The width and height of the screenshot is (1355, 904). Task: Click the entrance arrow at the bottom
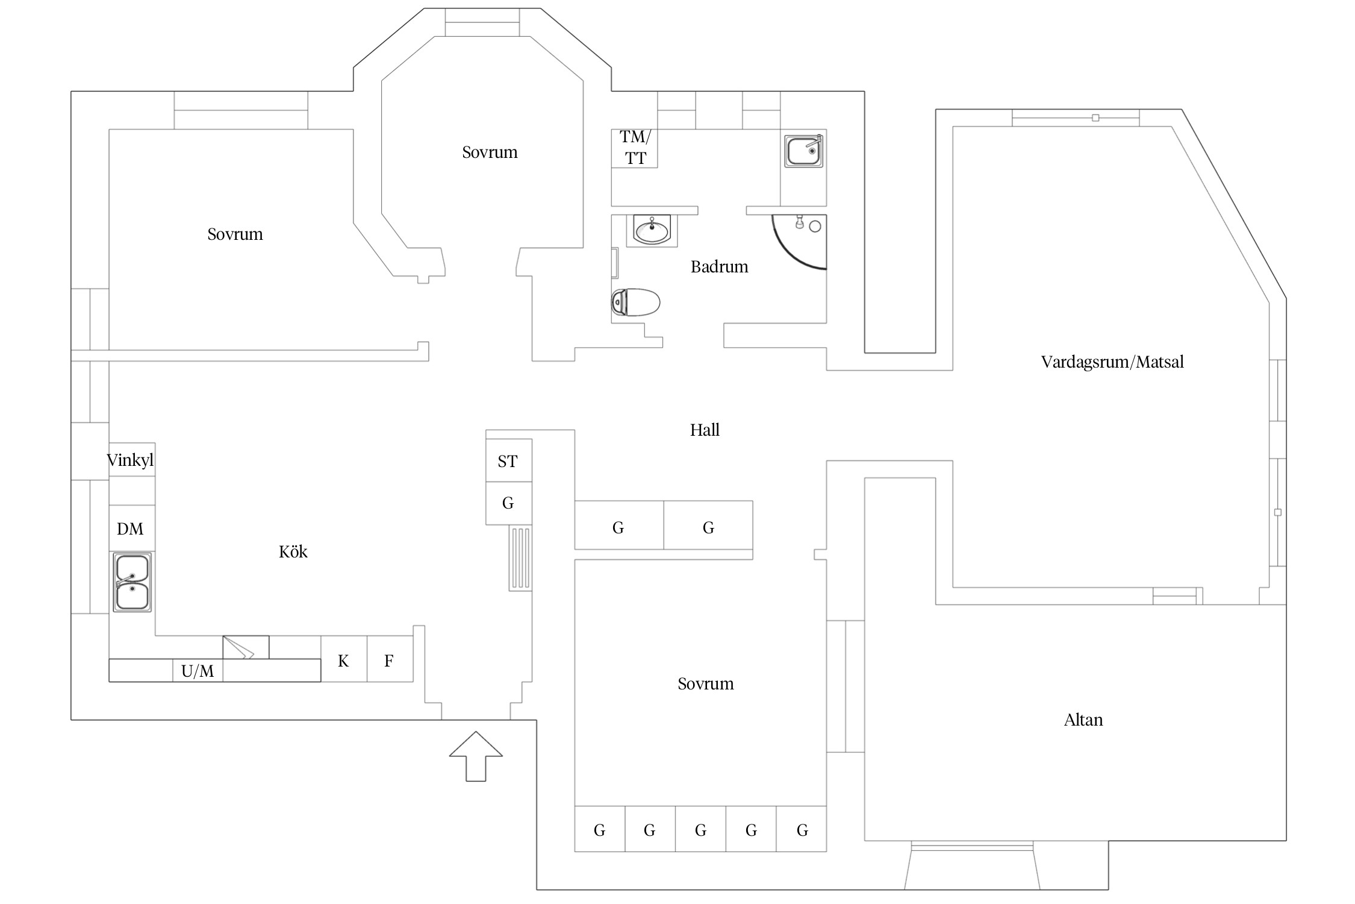pos(476,756)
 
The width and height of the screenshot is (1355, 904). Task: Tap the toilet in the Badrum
pos(635,303)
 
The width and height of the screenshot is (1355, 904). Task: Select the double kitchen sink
pos(132,582)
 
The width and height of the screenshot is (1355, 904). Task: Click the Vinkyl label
pos(130,460)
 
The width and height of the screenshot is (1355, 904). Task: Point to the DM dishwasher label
pos(130,529)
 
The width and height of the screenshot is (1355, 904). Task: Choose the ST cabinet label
pos(508,462)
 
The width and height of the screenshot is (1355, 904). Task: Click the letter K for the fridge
pos(343,661)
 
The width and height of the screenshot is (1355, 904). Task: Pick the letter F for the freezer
pos(389,661)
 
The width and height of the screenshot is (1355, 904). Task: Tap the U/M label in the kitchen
pos(198,671)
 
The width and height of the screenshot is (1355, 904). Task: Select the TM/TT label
pos(635,148)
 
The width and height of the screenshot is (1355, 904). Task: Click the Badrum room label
pos(719,266)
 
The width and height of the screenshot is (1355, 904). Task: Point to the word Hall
pos(705,430)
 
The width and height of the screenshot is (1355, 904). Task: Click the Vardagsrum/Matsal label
pos(1112,362)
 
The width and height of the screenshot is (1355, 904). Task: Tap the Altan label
pos(1083,720)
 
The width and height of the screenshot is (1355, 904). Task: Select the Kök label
pos(293,551)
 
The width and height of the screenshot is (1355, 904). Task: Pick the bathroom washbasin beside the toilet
pos(652,230)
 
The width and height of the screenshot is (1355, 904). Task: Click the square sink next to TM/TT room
pos(803,151)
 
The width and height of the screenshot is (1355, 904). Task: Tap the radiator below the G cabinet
pos(520,558)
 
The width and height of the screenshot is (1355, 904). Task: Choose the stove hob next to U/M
pos(246,647)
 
